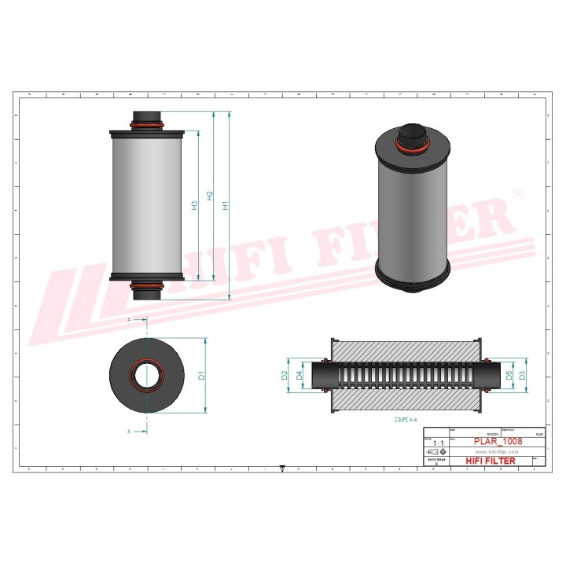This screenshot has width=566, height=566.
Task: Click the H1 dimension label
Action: point(226,206)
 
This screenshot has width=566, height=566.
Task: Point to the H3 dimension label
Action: point(194,206)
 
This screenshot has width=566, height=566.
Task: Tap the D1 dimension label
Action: point(202,376)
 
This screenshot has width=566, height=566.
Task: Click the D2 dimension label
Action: point(285,376)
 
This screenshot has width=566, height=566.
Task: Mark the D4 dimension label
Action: point(300,376)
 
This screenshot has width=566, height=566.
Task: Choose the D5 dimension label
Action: point(509,376)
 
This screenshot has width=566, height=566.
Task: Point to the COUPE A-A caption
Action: point(409,421)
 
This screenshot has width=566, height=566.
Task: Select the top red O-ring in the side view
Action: point(147,125)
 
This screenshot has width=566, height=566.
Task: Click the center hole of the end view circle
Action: point(146,375)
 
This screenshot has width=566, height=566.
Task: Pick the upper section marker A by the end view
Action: point(128,320)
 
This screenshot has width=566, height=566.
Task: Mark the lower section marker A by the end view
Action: point(128,431)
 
